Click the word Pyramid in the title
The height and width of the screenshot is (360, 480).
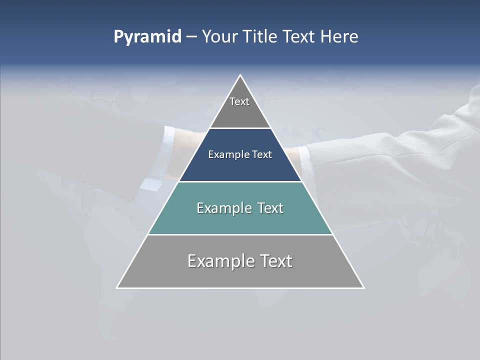tap(147, 37)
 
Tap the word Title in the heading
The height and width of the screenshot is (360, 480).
tap(260, 37)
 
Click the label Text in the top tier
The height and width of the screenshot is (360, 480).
tap(239, 101)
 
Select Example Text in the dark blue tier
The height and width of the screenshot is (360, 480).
tap(240, 154)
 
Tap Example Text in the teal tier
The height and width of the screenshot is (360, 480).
tap(240, 208)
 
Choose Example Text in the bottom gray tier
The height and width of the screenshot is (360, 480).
tap(240, 261)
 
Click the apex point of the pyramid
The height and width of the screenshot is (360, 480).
tap(240, 75)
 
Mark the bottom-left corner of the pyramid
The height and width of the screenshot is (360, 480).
tap(117, 287)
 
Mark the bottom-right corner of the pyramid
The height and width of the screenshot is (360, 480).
tap(363, 287)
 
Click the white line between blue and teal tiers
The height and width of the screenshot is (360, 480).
tap(240, 181)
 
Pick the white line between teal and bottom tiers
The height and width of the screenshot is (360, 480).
tap(240, 234)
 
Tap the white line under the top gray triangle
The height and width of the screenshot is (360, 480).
tap(240, 128)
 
